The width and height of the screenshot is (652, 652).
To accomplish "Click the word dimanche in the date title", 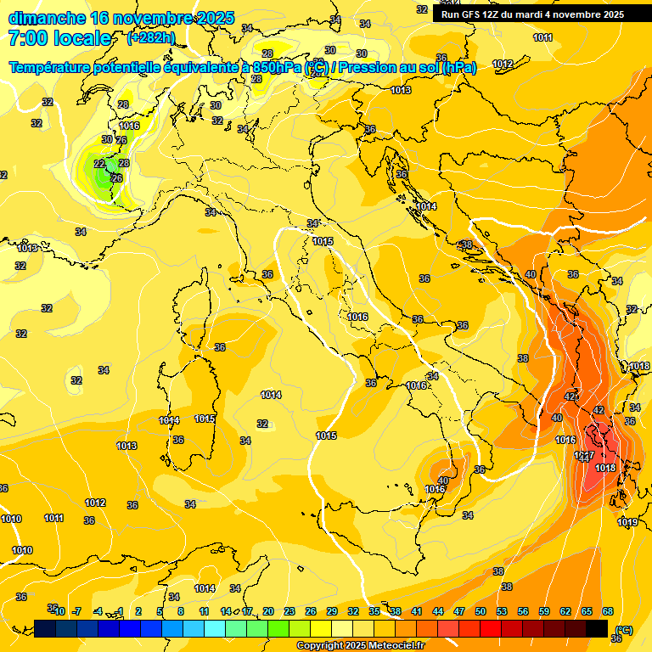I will tap(47, 18).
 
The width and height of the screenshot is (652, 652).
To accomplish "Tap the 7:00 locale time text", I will tap(59, 38).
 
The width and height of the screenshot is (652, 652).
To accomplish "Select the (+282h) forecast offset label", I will tap(153, 38).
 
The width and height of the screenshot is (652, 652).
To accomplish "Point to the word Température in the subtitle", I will tap(54, 68).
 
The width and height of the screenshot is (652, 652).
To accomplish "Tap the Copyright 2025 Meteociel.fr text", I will tap(361, 646).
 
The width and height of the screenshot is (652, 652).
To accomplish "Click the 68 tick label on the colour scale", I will tap(608, 611).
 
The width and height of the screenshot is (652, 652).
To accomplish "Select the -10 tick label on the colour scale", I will tap(58, 611).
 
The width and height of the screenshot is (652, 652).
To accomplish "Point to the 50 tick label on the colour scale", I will tap(481, 611).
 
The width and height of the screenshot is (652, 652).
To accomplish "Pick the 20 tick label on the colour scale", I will tap(268, 611).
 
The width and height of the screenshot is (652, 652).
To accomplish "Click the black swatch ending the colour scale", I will tap(597, 628).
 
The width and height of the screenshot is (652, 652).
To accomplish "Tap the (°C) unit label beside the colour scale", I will tap(623, 629).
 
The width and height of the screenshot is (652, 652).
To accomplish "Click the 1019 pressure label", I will tap(627, 522).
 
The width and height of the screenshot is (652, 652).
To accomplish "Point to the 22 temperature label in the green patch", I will tap(99, 164).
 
